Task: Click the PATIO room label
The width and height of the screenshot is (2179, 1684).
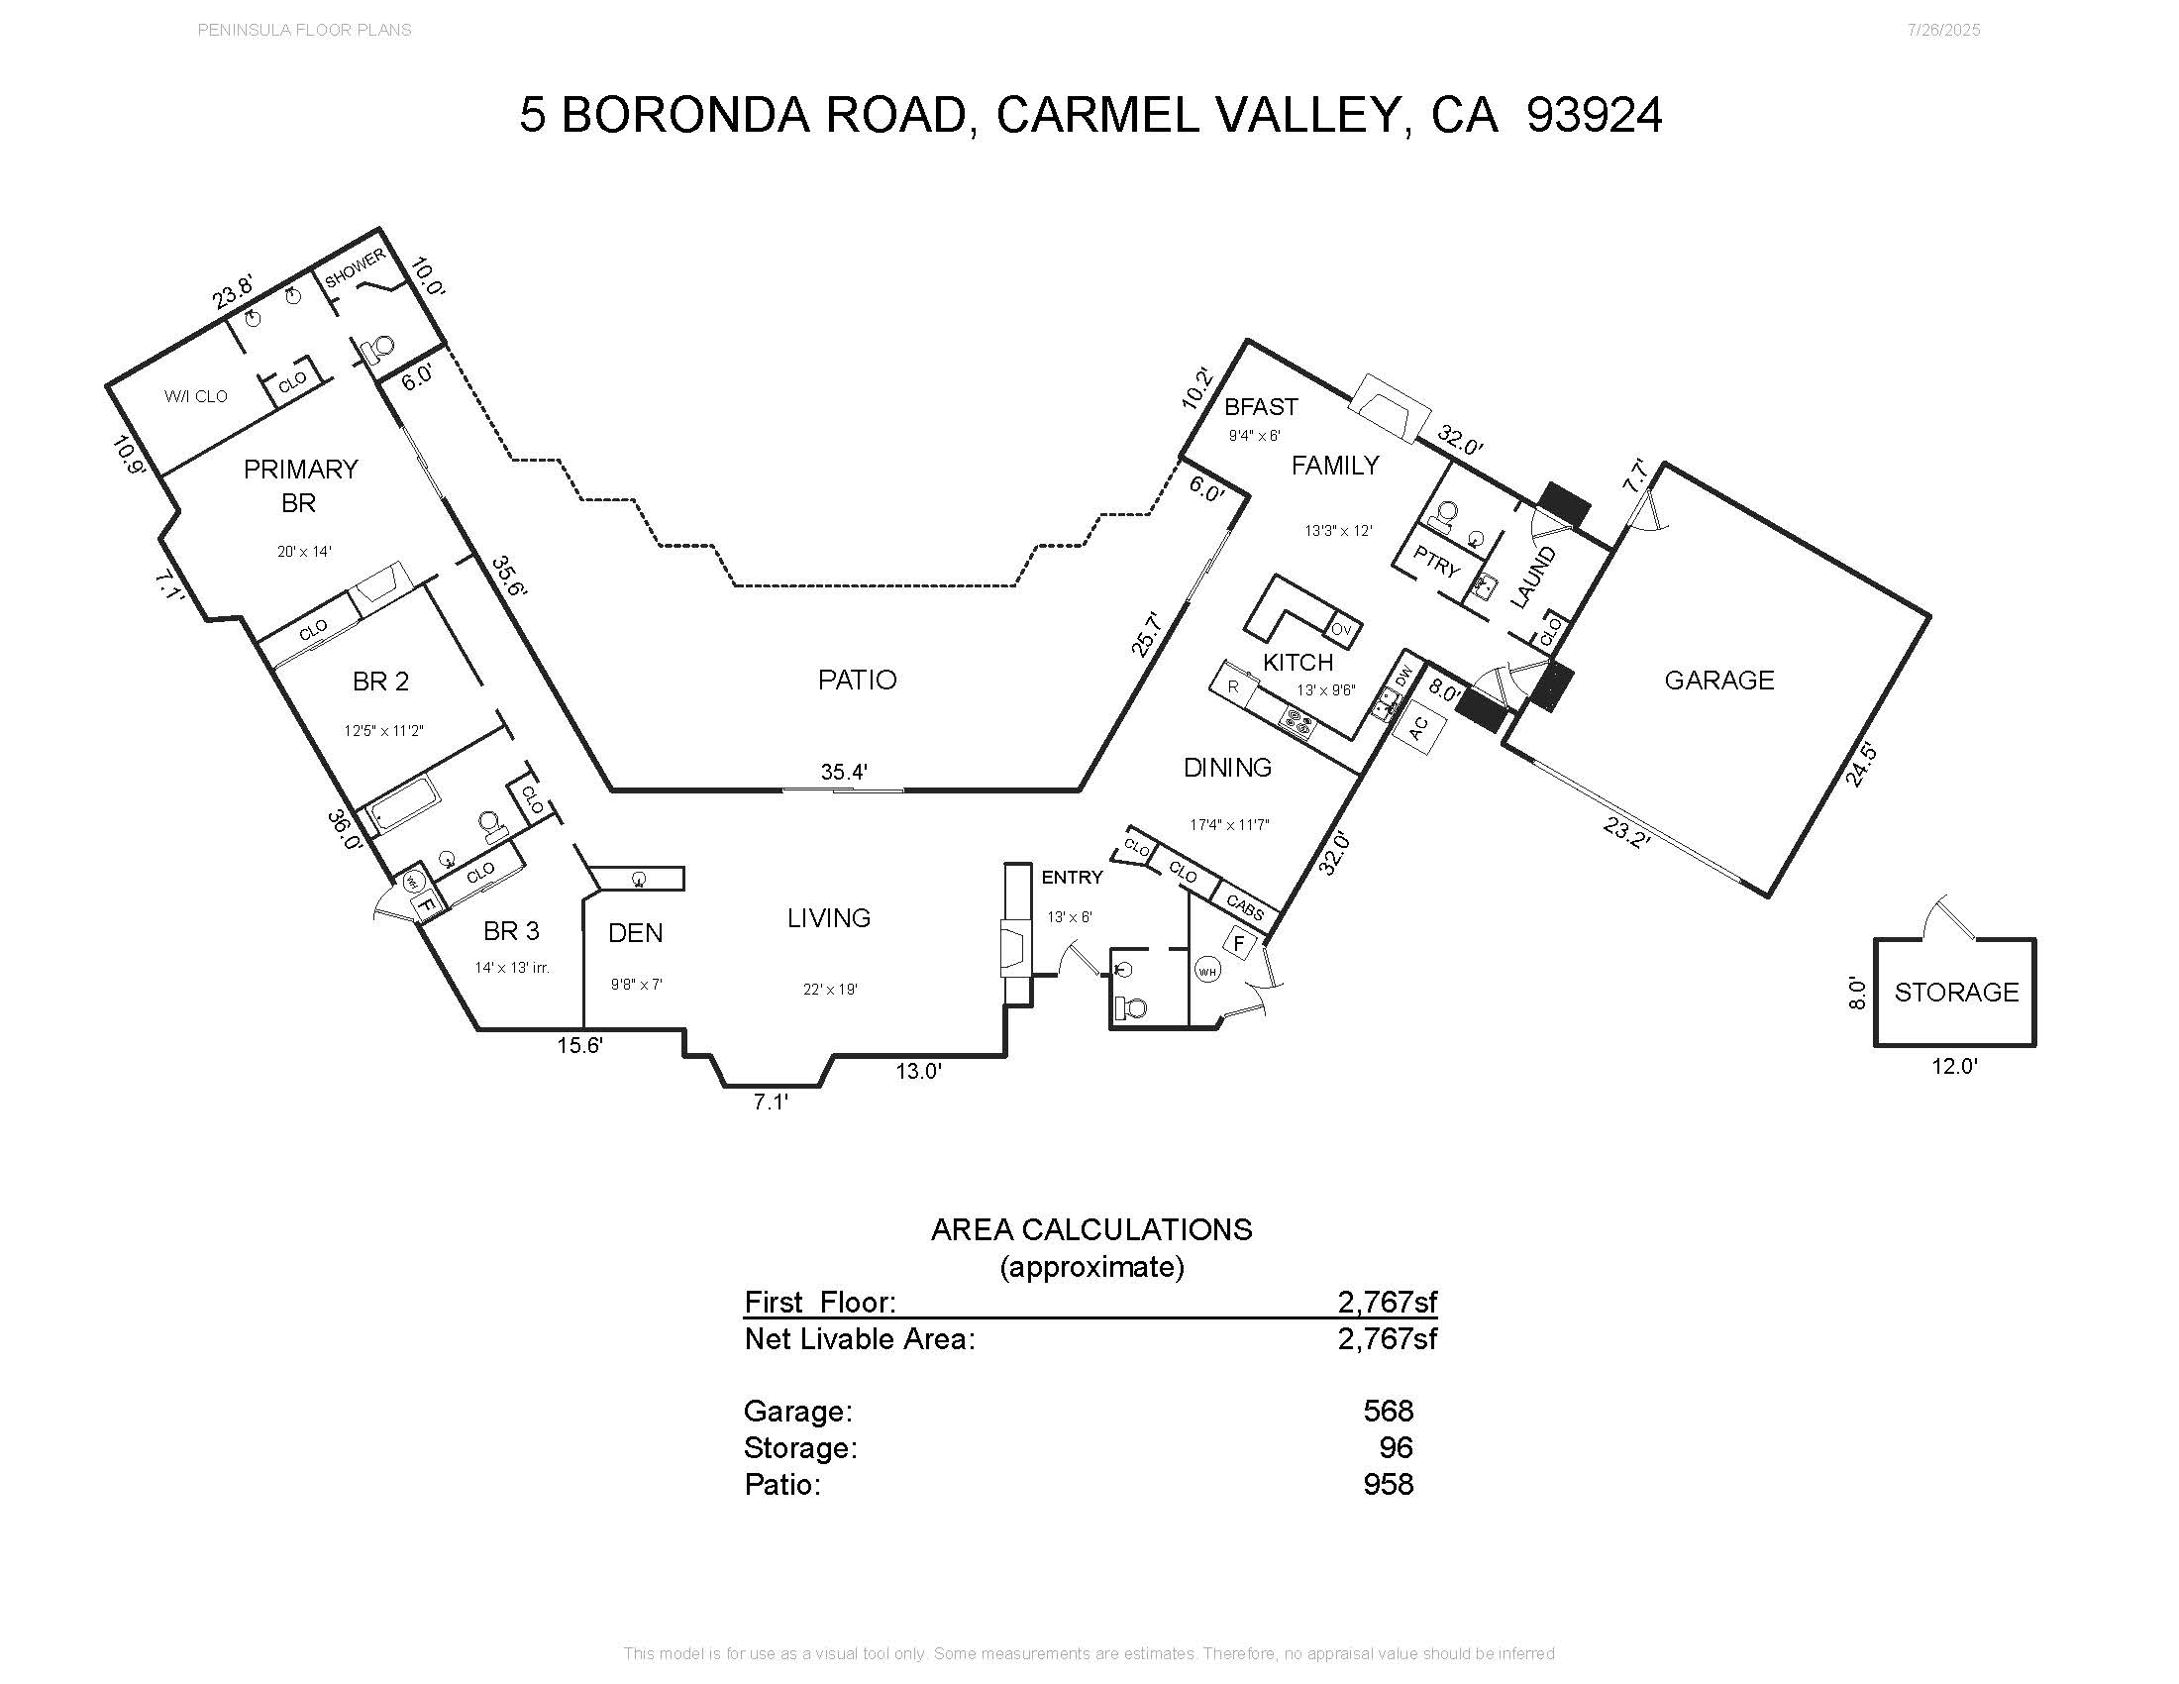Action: point(857,681)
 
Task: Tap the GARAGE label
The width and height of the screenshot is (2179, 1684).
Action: point(1719,681)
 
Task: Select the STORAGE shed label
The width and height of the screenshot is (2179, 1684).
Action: point(1955,993)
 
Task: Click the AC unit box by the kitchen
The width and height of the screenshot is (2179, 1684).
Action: point(1418,728)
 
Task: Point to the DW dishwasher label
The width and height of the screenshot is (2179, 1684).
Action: point(1402,678)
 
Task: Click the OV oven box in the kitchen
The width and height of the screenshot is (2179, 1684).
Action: point(1342,630)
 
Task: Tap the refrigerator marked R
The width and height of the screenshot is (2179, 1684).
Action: point(1233,686)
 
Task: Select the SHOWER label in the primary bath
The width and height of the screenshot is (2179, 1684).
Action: point(355,267)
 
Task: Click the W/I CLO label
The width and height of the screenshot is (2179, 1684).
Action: point(195,396)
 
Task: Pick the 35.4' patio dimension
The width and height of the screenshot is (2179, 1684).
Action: point(844,771)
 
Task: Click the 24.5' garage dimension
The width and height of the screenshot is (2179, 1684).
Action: point(1861,765)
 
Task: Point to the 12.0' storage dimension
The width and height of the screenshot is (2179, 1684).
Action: point(1954,1067)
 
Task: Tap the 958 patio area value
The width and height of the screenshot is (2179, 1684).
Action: point(1388,1485)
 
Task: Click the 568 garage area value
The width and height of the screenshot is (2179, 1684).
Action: point(1388,1411)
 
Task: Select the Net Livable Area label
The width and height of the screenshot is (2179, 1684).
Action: point(859,1339)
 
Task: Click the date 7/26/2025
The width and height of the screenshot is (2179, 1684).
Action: point(1943,30)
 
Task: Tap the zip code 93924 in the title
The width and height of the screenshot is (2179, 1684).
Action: point(1595,115)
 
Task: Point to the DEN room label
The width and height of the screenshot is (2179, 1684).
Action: point(636,933)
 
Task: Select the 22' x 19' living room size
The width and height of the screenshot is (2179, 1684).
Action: point(830,990)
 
